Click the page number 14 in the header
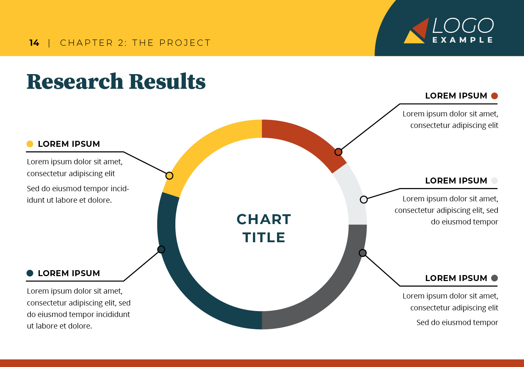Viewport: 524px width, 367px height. (x=34, y=43)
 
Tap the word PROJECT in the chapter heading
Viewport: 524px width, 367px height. (x=185, y=43)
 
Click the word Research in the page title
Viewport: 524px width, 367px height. (x=75, y=81)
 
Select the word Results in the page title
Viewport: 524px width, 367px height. (x=167, y=81)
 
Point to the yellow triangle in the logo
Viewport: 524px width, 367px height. (x=413, y=38)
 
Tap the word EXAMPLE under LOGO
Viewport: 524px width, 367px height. (x=463, y=40)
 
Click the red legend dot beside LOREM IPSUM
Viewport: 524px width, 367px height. (x=494, y=96)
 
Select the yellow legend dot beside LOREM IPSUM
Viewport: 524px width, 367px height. (x=30, y=144)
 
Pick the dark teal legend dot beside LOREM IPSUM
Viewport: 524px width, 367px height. (x=30, y=273)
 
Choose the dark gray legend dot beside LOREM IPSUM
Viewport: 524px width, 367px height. (x=494, y=278)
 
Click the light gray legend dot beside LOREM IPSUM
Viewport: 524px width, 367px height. (x=494, y=180)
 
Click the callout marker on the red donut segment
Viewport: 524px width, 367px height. (x=338, y=152)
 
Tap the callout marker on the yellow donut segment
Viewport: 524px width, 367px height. (x=169, y=175)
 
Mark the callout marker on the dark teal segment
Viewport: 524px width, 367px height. (x=161, y=250)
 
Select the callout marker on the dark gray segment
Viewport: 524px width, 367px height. (x=363, y=253)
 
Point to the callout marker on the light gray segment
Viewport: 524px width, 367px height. (x=364, y=200)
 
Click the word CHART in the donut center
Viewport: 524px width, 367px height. (x=264, y=219)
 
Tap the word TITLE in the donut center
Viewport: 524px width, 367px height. (x=264, y=237)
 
